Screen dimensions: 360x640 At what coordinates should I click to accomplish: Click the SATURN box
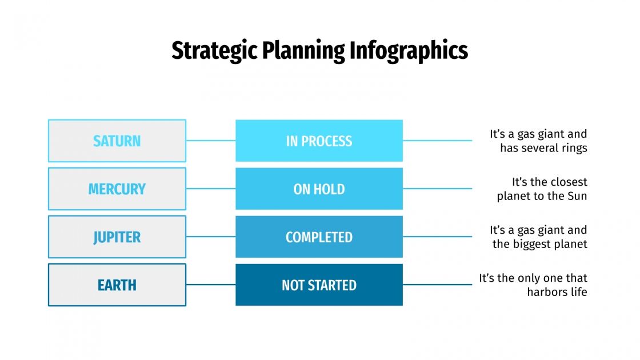117,141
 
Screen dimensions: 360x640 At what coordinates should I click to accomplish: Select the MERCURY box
117,189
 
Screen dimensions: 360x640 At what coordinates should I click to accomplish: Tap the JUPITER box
117,237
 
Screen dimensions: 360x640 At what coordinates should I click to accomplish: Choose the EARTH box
117,285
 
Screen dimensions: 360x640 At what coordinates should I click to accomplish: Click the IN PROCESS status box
319,141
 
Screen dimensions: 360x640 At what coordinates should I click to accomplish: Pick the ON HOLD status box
319,189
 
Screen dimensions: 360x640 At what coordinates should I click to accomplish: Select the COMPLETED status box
319,237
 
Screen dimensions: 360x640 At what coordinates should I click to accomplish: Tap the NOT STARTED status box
319,285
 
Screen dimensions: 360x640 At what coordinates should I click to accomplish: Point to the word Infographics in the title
408,51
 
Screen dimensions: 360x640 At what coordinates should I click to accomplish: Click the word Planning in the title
303,51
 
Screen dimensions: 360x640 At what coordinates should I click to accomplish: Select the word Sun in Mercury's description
576,196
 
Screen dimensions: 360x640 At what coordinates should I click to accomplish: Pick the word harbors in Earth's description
547,292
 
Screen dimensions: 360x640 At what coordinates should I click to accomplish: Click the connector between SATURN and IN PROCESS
211,141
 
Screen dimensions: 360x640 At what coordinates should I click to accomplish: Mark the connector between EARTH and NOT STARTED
211,285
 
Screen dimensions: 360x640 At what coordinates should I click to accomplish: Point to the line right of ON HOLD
437,189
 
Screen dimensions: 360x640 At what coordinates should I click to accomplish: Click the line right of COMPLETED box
437,237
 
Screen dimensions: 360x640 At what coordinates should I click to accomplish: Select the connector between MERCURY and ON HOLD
211,189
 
